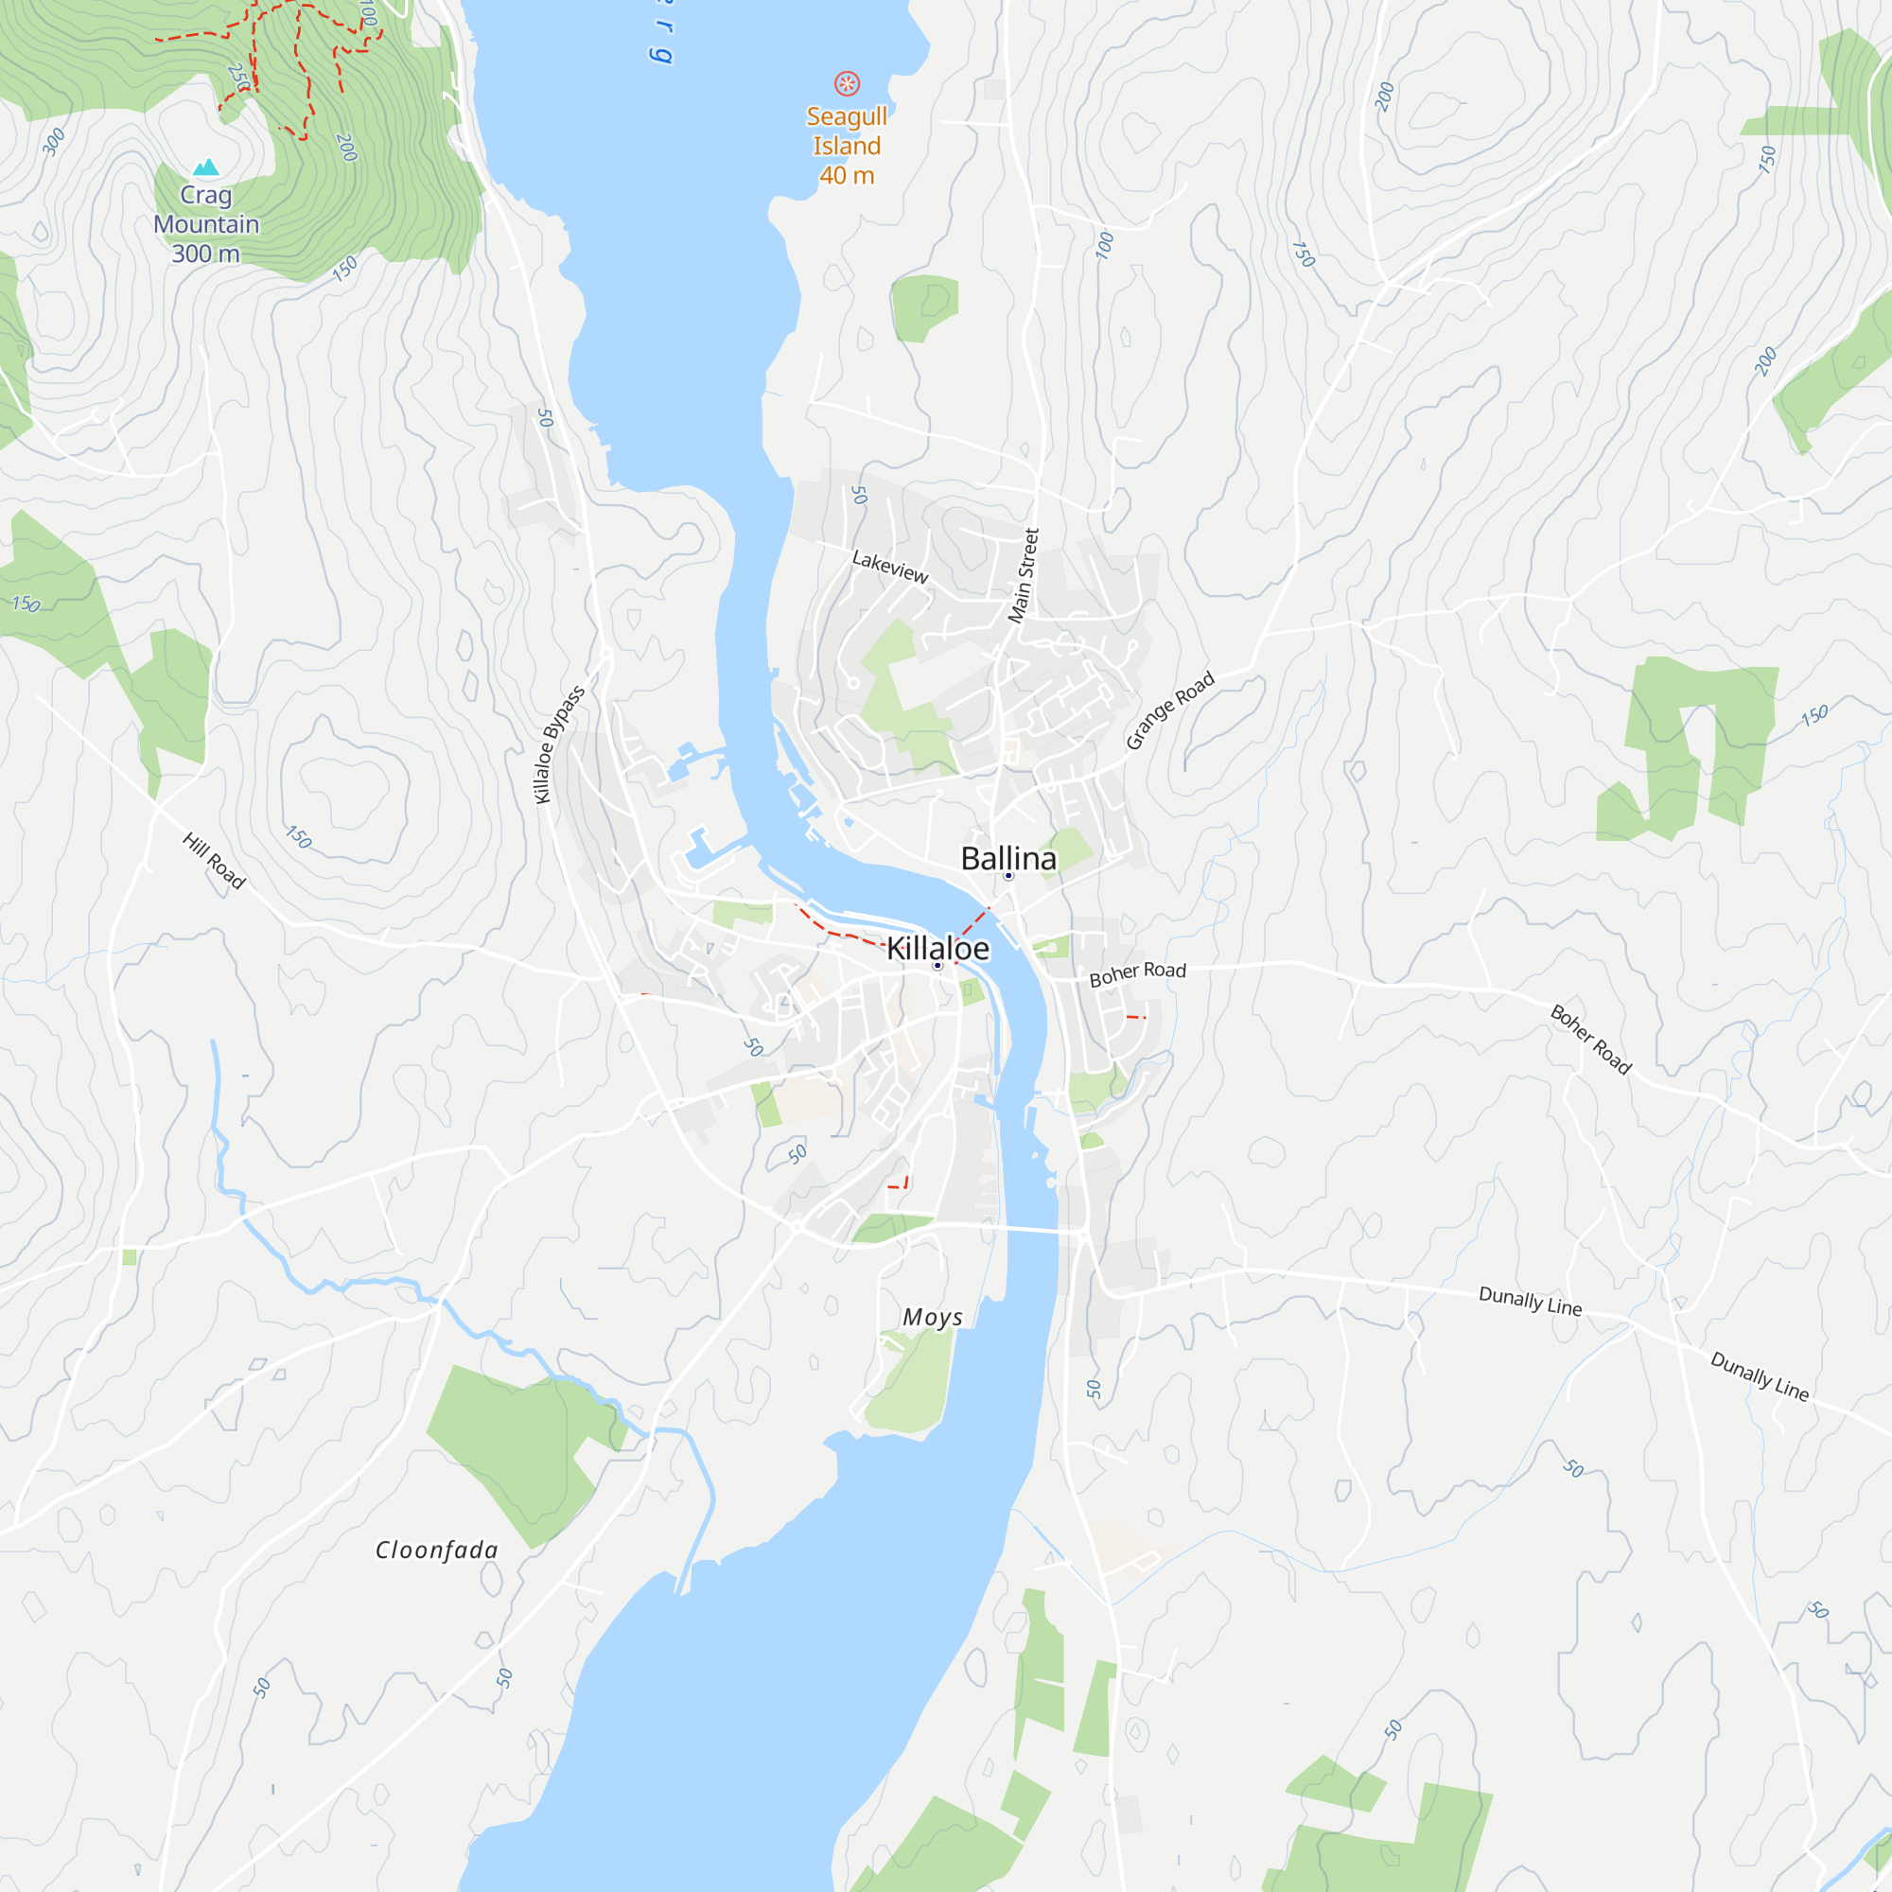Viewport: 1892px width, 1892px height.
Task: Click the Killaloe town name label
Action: coord(937,948)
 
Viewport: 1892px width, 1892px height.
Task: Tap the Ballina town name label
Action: coord(1007,859)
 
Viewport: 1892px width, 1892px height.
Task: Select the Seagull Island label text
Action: coord(846,131)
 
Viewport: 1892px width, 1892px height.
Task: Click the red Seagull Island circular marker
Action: coord(846,83)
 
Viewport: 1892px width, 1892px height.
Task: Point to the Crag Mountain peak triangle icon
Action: coord(205,167)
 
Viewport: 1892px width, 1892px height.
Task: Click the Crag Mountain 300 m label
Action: coord(205,224)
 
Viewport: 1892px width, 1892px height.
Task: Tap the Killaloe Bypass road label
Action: coord(559,745)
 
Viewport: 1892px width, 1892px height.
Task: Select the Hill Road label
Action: coord(214,861)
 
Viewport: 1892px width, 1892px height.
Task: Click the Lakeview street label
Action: coord(889,566)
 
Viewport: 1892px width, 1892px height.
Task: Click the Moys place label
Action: coord(933,1317)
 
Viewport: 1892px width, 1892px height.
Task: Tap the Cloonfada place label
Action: coord(437,1550)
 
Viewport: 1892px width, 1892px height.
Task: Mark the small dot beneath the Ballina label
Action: coord(1007,875)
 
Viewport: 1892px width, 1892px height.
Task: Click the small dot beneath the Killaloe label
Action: coord(937,966)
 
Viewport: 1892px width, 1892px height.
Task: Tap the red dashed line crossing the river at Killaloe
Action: coord(973,922)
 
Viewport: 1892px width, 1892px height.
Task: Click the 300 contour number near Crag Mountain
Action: coord(55,142)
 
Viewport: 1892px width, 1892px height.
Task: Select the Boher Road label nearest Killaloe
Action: coord(1137,973)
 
